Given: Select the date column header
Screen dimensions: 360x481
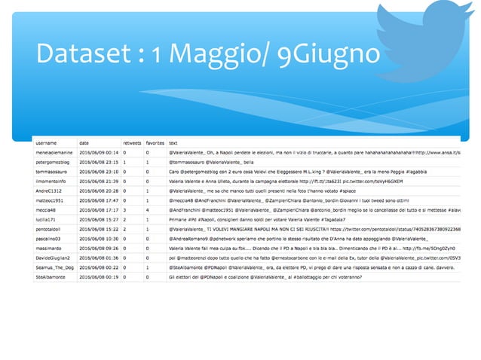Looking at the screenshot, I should point(84,142).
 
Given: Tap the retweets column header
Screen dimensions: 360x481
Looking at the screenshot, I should point(132,142).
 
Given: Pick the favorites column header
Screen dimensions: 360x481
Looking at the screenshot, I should point(155,142).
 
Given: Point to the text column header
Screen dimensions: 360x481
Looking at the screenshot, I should point(174,142).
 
